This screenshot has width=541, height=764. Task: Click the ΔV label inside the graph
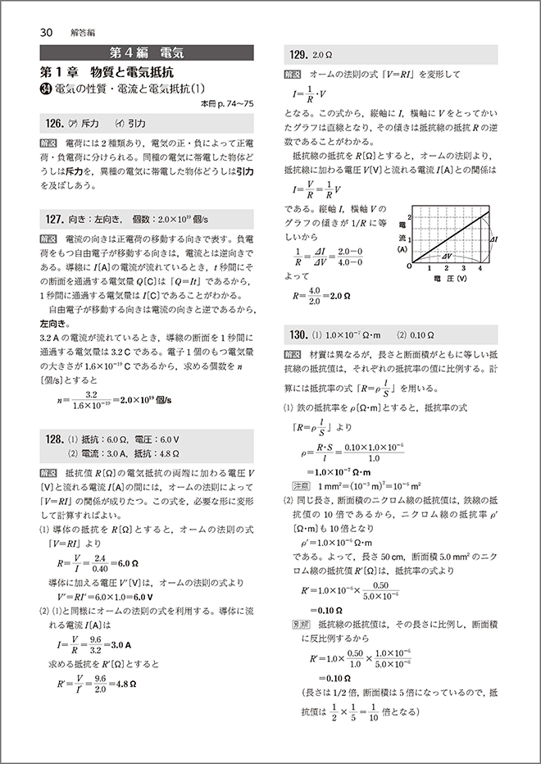click(x=448, y=256)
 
